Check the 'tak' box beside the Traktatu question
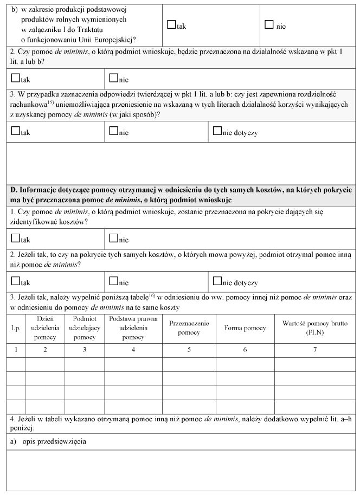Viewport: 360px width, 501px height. (x=172, y=24)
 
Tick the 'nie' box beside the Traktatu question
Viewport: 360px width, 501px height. (x=268, y=24)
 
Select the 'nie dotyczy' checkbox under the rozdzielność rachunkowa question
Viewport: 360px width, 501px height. (x=217, y=131)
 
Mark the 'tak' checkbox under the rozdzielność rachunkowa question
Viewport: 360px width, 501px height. (x=15, y=131)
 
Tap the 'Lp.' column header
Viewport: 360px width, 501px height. (x=16, y=329)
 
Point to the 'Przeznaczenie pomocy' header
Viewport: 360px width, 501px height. (x=189, y=328)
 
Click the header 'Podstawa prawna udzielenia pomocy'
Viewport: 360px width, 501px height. (x=133, y=328)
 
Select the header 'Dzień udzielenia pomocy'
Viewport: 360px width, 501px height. (x=45, y=328)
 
